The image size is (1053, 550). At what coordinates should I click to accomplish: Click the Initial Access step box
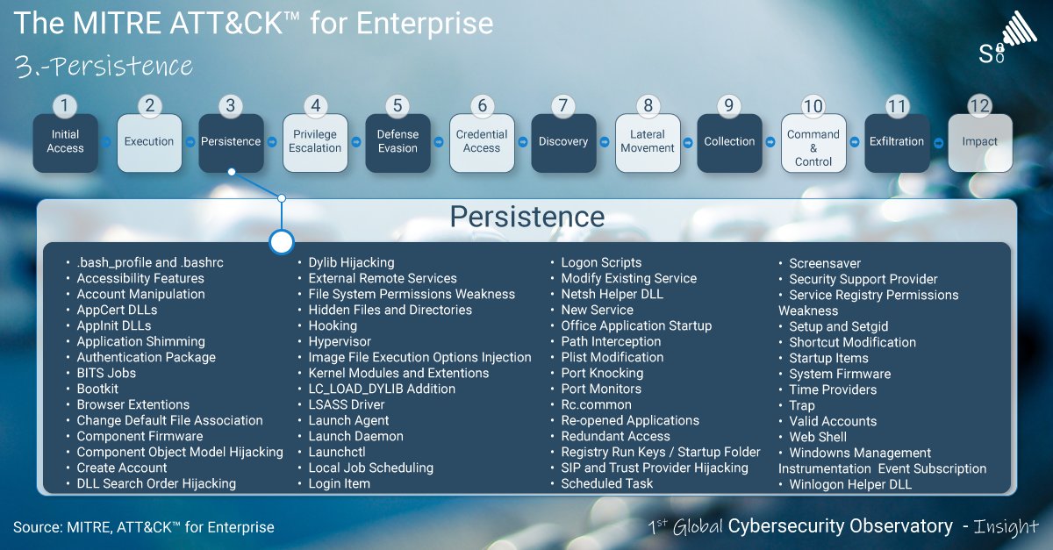coord(65,142)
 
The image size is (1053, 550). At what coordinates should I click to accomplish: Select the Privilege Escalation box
coord(315,142)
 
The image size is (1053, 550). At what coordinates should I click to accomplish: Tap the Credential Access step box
coord(482,142)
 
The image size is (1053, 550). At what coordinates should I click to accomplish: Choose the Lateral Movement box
coord(648,142)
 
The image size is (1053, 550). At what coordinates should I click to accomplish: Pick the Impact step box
coord(979,142)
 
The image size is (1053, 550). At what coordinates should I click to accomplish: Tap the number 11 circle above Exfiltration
coord(896,106)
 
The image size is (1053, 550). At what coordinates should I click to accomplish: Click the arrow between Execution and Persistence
coord(190,141)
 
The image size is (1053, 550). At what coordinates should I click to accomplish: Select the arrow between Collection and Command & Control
coord(772,141)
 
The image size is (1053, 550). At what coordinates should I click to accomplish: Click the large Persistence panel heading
coord(526,218)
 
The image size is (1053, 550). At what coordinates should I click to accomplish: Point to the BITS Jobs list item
coord(106,373)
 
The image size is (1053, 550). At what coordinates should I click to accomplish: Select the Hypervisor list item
coord(340,341)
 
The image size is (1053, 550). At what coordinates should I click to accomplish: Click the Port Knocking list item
coord(602,373)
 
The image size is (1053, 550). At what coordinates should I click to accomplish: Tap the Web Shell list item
coord(818,437)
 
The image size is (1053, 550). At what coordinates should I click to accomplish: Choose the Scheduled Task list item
coord(607,483)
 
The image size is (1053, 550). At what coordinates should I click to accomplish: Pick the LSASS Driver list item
coord(347,404)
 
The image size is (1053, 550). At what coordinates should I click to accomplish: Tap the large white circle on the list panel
coord(281,242)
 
